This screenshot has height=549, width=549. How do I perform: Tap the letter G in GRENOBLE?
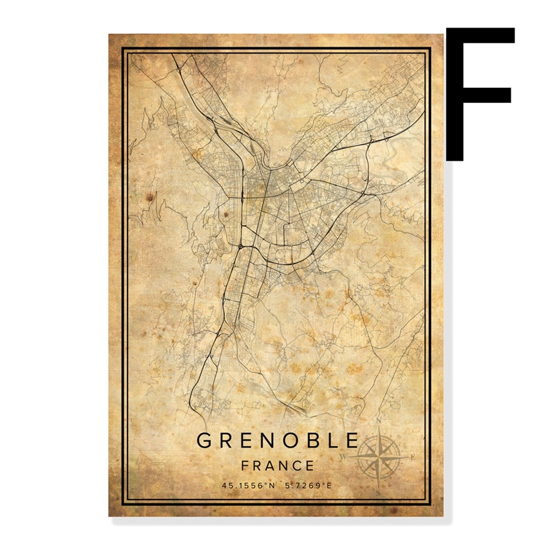(x=205, y=440)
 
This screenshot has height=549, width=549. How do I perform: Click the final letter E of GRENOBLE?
(x=352, y=440)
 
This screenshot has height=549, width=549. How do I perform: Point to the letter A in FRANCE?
(x=272, y=465)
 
